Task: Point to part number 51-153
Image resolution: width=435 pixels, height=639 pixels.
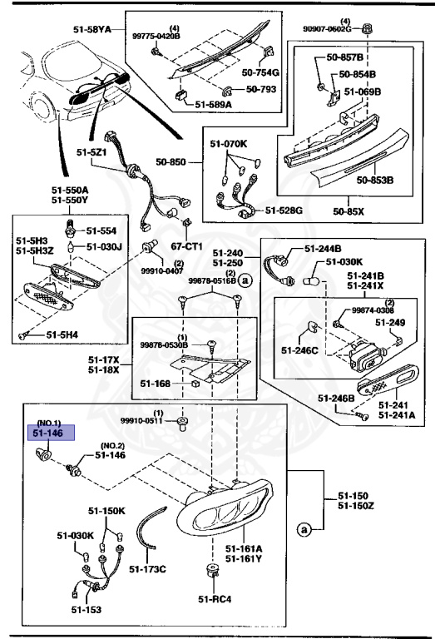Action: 85,610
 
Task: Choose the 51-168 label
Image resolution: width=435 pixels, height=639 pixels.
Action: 156,383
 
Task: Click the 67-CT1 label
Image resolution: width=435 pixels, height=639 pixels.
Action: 189,247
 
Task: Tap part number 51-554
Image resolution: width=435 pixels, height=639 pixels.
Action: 104,230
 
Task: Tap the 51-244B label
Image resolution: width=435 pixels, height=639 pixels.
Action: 322,248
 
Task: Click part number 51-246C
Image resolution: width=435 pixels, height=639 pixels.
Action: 298,350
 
